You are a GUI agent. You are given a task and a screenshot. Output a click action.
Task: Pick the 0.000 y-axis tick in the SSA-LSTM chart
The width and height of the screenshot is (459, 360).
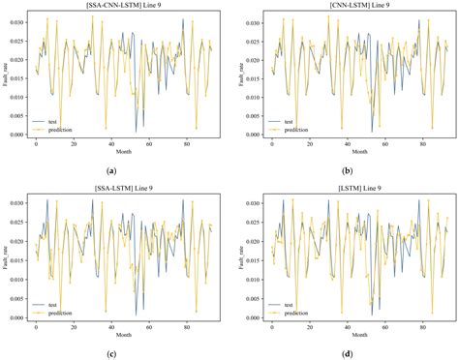(x=20, y=316)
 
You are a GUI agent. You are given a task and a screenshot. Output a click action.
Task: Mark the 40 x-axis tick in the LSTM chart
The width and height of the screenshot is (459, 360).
(x=336, y=323)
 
